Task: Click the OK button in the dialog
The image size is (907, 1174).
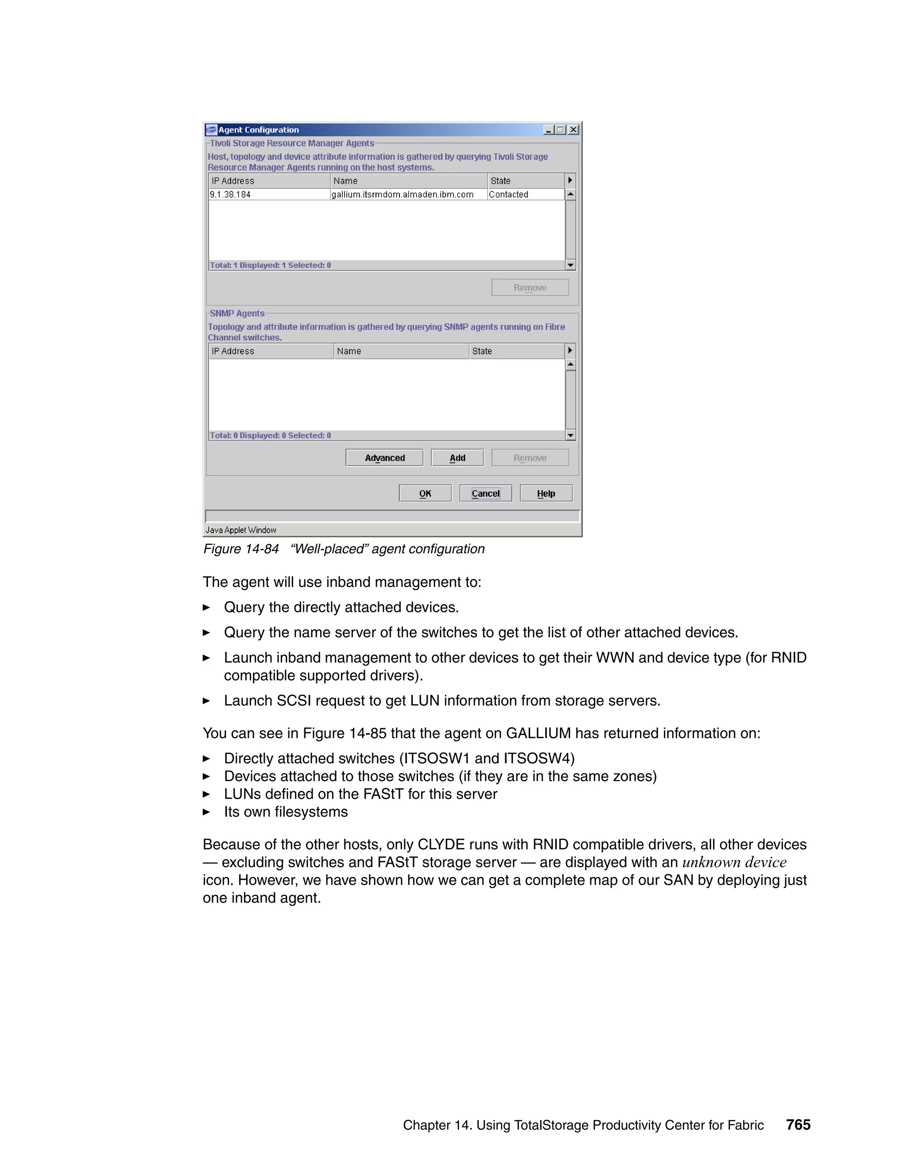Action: (425, 494)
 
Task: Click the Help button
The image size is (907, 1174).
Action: (546, 494)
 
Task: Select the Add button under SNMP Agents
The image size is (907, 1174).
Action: (457, 458)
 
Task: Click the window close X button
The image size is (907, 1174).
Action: (574, 129)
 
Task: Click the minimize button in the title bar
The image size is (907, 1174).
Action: (549, 129)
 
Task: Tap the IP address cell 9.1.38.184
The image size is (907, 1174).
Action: (230, 194)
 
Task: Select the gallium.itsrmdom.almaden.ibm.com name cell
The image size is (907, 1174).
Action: (402, 194)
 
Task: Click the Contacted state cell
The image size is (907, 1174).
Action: (508, 194)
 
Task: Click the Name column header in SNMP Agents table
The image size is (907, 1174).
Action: (349, 351)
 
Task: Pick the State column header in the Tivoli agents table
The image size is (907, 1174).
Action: (500, 181)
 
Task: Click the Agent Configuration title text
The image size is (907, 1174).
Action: (259, 129)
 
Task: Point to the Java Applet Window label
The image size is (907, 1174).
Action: (241, 530)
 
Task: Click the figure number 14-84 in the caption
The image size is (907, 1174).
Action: (261, 549)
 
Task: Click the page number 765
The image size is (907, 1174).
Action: (798, 1124)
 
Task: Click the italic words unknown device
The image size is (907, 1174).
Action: (734, 862)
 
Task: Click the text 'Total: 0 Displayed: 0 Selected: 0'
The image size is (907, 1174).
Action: (270, 435)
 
